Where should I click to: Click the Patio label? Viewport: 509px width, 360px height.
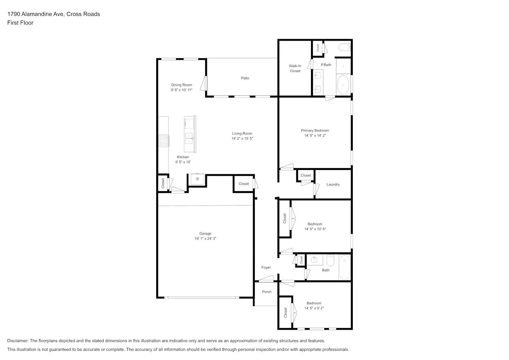click(x=245, y=78)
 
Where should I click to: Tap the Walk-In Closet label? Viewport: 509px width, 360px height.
click(x=295, y=68)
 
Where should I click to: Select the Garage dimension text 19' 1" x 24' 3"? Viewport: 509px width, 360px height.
click(x=205, y=239)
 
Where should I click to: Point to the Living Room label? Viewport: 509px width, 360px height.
click(x=242, y=134)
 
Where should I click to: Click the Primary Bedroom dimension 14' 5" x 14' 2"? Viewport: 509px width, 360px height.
click(x=315, y=136)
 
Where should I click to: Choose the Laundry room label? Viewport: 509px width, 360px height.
click(x=333, y=184)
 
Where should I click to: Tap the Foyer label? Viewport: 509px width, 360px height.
click(x=266, y=267)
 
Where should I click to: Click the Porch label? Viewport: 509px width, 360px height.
click(x=267, y=292)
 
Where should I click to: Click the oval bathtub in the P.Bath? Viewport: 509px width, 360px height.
click(x=343, y=85)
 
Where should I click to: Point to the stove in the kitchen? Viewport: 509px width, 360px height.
click(x=163, y=140)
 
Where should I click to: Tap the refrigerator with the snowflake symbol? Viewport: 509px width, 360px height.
click(x=197, y=179)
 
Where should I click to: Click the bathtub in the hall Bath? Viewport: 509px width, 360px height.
click(x=344, y=267)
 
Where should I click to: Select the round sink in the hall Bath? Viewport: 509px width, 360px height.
click(x=314, y=259)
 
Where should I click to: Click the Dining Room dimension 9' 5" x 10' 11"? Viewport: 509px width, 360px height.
click(x=181, y=90)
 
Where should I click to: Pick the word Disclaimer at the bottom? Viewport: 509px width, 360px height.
click(x=18, y=341)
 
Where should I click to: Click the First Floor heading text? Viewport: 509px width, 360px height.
click(x=20, y=23)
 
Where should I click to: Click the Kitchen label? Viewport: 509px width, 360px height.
click(x=183, y=157)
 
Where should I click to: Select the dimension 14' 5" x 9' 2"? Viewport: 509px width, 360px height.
click(x=314, y=308)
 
